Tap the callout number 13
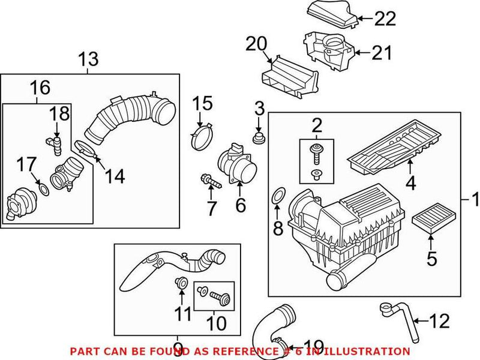tap(89, 59)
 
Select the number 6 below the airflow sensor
tap(240, 206)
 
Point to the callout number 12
tap(439, 321)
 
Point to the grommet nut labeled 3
tap(259, 140)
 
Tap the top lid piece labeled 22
tap(331, 11)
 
